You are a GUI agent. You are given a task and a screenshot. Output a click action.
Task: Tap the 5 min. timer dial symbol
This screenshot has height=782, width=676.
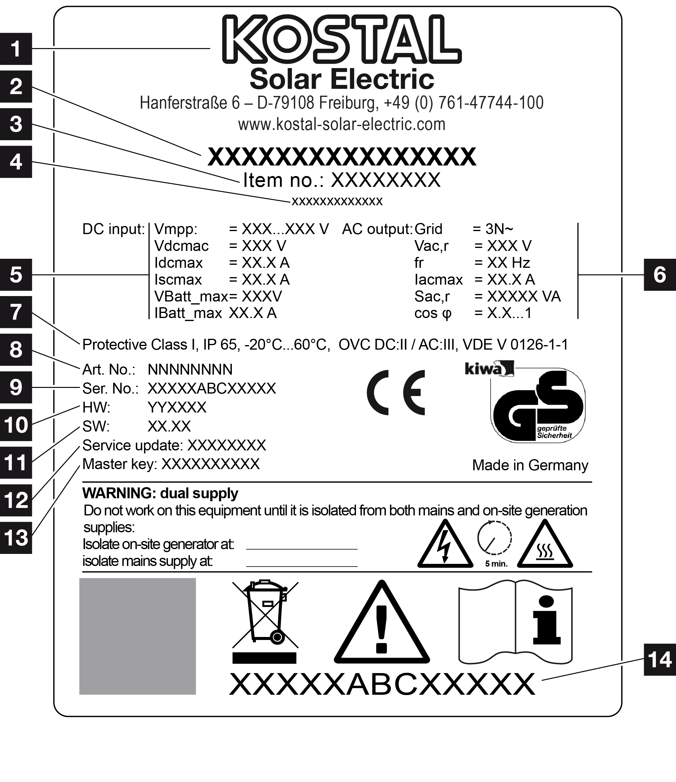click(x=495, y=543)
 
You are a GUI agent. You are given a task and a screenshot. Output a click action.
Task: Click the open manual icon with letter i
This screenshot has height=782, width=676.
click(x=516, y=625)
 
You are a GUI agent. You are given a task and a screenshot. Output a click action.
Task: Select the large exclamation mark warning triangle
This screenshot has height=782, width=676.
click(x=382, y=623)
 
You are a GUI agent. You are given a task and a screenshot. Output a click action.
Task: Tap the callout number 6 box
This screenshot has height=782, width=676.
click(x=660, y=274)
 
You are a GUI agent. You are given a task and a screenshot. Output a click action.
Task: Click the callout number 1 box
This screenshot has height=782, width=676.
click(x=16, y=49)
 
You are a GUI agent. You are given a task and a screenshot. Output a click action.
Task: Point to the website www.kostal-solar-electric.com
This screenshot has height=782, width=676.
click(x=342, y=124)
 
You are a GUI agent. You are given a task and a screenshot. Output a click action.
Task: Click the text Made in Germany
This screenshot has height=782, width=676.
click(x=530, y=465)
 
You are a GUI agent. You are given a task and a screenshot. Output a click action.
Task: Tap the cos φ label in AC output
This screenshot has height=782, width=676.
click(x=433, y=313)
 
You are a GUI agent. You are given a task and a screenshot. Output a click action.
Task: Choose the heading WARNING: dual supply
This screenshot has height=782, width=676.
click(x=160, y=493)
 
